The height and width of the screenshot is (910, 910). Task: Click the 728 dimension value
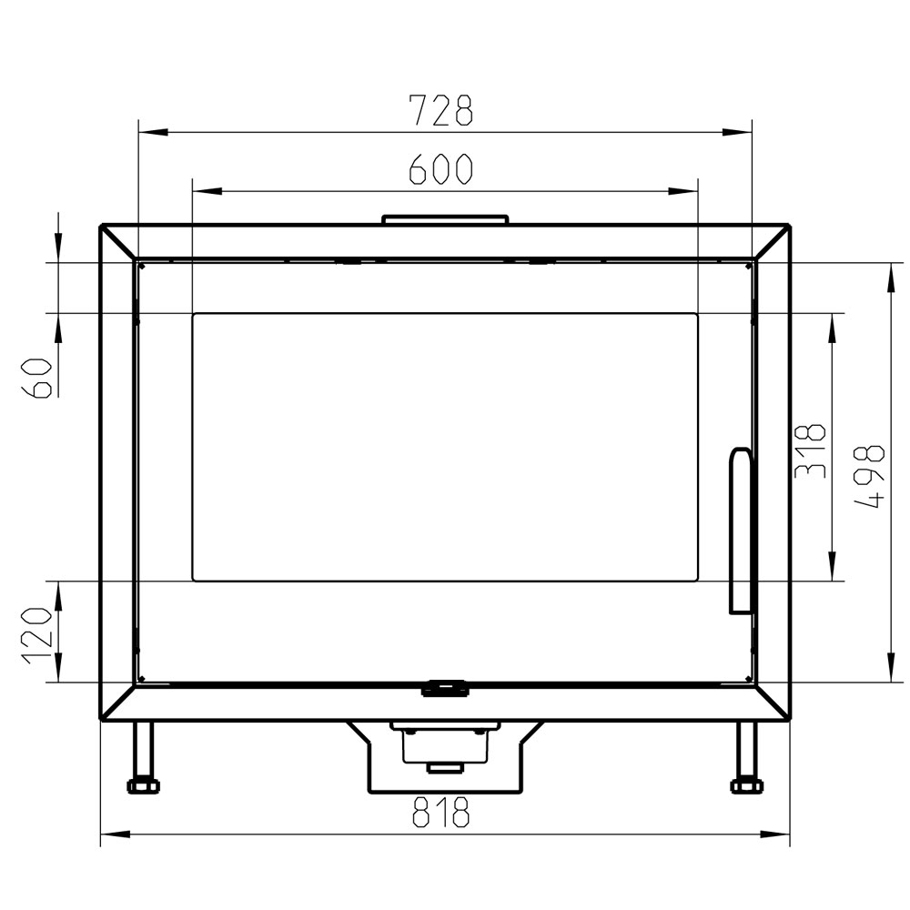tap(441, 110)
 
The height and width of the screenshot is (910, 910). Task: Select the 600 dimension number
tap(441, 169)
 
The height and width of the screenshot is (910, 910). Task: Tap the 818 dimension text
tap(440, 812)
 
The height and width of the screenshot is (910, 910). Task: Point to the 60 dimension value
tap(36, 378)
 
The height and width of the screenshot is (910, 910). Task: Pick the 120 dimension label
tap(36, 635)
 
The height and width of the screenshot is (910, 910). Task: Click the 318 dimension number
tap(810, 451)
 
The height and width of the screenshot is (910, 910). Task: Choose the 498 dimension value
tap(870, 477)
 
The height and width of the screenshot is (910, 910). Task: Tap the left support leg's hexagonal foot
tap(143, 786)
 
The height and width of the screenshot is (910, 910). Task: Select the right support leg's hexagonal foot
tap(747, 786)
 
